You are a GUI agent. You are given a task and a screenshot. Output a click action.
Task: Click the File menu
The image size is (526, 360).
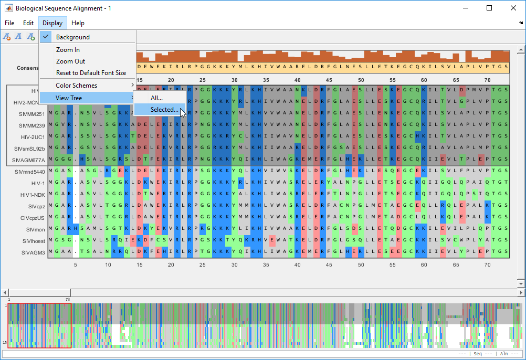(x=9, y=23)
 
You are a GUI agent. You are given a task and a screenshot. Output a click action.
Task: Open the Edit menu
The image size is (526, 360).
(x=28, y=23)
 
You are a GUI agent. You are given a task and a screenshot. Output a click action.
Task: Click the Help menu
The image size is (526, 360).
(x=78, y=23)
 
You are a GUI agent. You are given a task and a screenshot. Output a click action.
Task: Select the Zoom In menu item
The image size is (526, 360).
(x=68, y=50)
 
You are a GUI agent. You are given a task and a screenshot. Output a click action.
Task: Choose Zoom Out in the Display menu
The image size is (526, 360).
(x=70, y=61)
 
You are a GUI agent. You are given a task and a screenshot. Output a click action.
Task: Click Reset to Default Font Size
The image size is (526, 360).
(x=91, y=73)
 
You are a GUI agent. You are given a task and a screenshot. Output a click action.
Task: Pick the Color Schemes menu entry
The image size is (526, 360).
(x=77, y=86)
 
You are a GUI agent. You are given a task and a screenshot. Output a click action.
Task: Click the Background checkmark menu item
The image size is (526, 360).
(x=73, y=37)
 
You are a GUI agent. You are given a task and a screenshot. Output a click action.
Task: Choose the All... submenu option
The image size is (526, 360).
(x=156, y=98)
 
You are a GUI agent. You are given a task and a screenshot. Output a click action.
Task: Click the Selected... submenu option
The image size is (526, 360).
(x=164, y=110)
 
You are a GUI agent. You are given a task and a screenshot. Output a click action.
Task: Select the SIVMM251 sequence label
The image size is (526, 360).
(x=32, y=114)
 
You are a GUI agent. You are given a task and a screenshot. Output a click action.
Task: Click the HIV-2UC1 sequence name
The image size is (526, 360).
(x=33, y=137)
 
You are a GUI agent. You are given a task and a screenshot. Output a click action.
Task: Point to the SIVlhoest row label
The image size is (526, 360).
(x=33, y=241)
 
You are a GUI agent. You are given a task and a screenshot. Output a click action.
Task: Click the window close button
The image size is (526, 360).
(x=513, y=8)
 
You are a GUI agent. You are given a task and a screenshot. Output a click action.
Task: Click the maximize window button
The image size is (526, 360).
(x=489, y=8)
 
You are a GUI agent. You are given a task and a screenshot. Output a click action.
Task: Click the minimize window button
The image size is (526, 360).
(x=465, y=8)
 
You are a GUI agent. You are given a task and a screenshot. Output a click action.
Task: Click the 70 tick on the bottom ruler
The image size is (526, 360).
(x=487, y=265)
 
